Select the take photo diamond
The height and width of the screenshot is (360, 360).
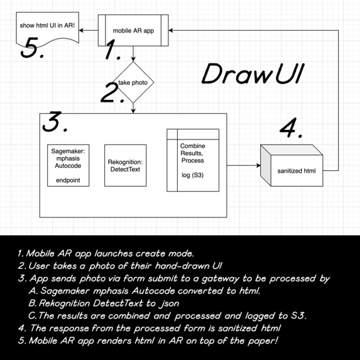tap(133, 83)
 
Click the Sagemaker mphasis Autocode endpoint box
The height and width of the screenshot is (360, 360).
tap(68, 165)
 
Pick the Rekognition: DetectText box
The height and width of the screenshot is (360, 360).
tap(124, 165)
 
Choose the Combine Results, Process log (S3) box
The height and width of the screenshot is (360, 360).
tap(193, 160)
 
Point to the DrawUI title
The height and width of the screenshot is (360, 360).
tap(253, 75)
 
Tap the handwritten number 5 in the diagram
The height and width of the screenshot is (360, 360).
tap(33, 49)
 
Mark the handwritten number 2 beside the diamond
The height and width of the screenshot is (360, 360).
tap(111, 94)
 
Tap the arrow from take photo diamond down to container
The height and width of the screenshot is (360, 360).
tap(133, 108)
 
